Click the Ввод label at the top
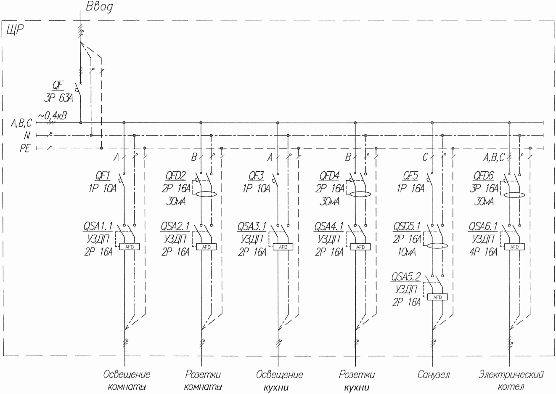[99, 7]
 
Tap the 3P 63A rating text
[58, 98]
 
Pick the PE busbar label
[25, 149]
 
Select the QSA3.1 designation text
[252, 227]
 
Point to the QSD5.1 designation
[407, 227]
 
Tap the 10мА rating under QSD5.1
[407, 252]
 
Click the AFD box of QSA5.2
[437, 297]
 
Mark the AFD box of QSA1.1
[129, 247]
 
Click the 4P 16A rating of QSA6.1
[484, 252]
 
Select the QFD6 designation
[483, 176]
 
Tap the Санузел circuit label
[434, 375]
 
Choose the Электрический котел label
[511, 381]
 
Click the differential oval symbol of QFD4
[360, 194]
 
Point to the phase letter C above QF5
[425, 158]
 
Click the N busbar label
[27, 136]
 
